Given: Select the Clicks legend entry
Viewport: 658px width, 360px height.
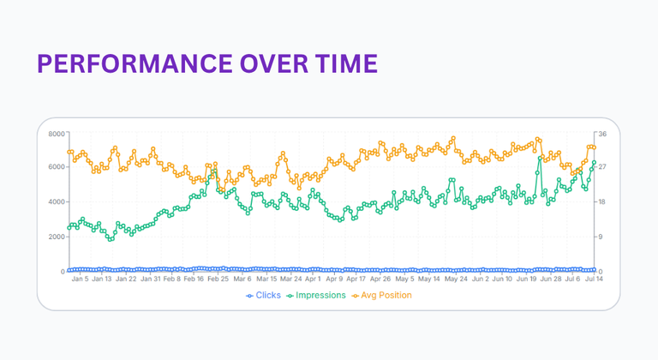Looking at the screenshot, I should [x=264, y=296].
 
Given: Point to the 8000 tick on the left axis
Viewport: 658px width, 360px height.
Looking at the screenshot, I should [x=56, y=134].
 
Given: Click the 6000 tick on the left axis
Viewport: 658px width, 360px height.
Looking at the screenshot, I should [x=56, y=167].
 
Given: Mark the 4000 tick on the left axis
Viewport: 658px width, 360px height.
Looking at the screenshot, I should [x=56, y=202].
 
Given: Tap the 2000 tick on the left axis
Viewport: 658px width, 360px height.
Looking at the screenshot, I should [x=56, y=237].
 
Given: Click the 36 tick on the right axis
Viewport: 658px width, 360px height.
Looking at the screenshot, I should [x=602, y=134].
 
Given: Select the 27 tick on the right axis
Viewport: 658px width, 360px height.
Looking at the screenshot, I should [x=602, y=167].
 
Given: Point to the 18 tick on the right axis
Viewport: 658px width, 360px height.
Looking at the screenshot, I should [x=602, y=202].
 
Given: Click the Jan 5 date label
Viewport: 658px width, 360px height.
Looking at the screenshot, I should [x=80, y=279].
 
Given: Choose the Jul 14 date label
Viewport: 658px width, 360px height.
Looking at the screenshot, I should [x=595, y=279].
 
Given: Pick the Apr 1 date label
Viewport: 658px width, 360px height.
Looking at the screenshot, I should [x=313, y=279].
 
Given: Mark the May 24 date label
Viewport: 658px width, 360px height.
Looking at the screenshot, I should [x=458, y=279].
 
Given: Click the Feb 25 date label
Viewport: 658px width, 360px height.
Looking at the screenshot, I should [x=218, y=279].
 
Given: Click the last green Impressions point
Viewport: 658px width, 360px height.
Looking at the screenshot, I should [x=594, y=163].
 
